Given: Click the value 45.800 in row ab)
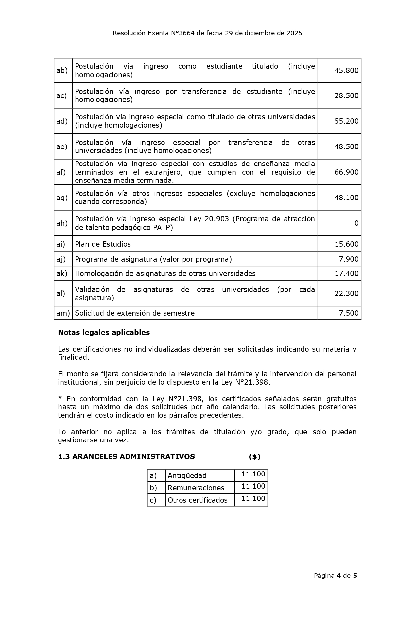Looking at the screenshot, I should (346, 70).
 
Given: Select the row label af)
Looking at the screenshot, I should (61, 172).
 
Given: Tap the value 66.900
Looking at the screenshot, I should (346, 172).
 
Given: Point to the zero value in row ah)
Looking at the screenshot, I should (356, 223).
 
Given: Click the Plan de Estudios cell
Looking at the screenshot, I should (103, 244).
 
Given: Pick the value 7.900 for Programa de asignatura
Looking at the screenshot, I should (349, 259).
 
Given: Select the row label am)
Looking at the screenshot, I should (63, 313).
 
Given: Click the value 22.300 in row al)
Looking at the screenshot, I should (346, 293).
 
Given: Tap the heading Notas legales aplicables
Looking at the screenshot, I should (104, 332).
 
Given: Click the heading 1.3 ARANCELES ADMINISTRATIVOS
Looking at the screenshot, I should (126, 456).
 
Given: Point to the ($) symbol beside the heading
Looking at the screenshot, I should (254, 456).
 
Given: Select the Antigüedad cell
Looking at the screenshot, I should (187, 475).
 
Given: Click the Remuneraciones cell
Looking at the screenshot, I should (196, 488).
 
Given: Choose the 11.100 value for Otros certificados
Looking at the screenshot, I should (253, 499).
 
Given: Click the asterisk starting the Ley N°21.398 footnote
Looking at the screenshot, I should (60, 399).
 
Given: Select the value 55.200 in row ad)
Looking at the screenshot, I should (346, 121).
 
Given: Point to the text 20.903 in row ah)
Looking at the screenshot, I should (216, 219).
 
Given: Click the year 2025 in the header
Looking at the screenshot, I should (294, 33).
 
